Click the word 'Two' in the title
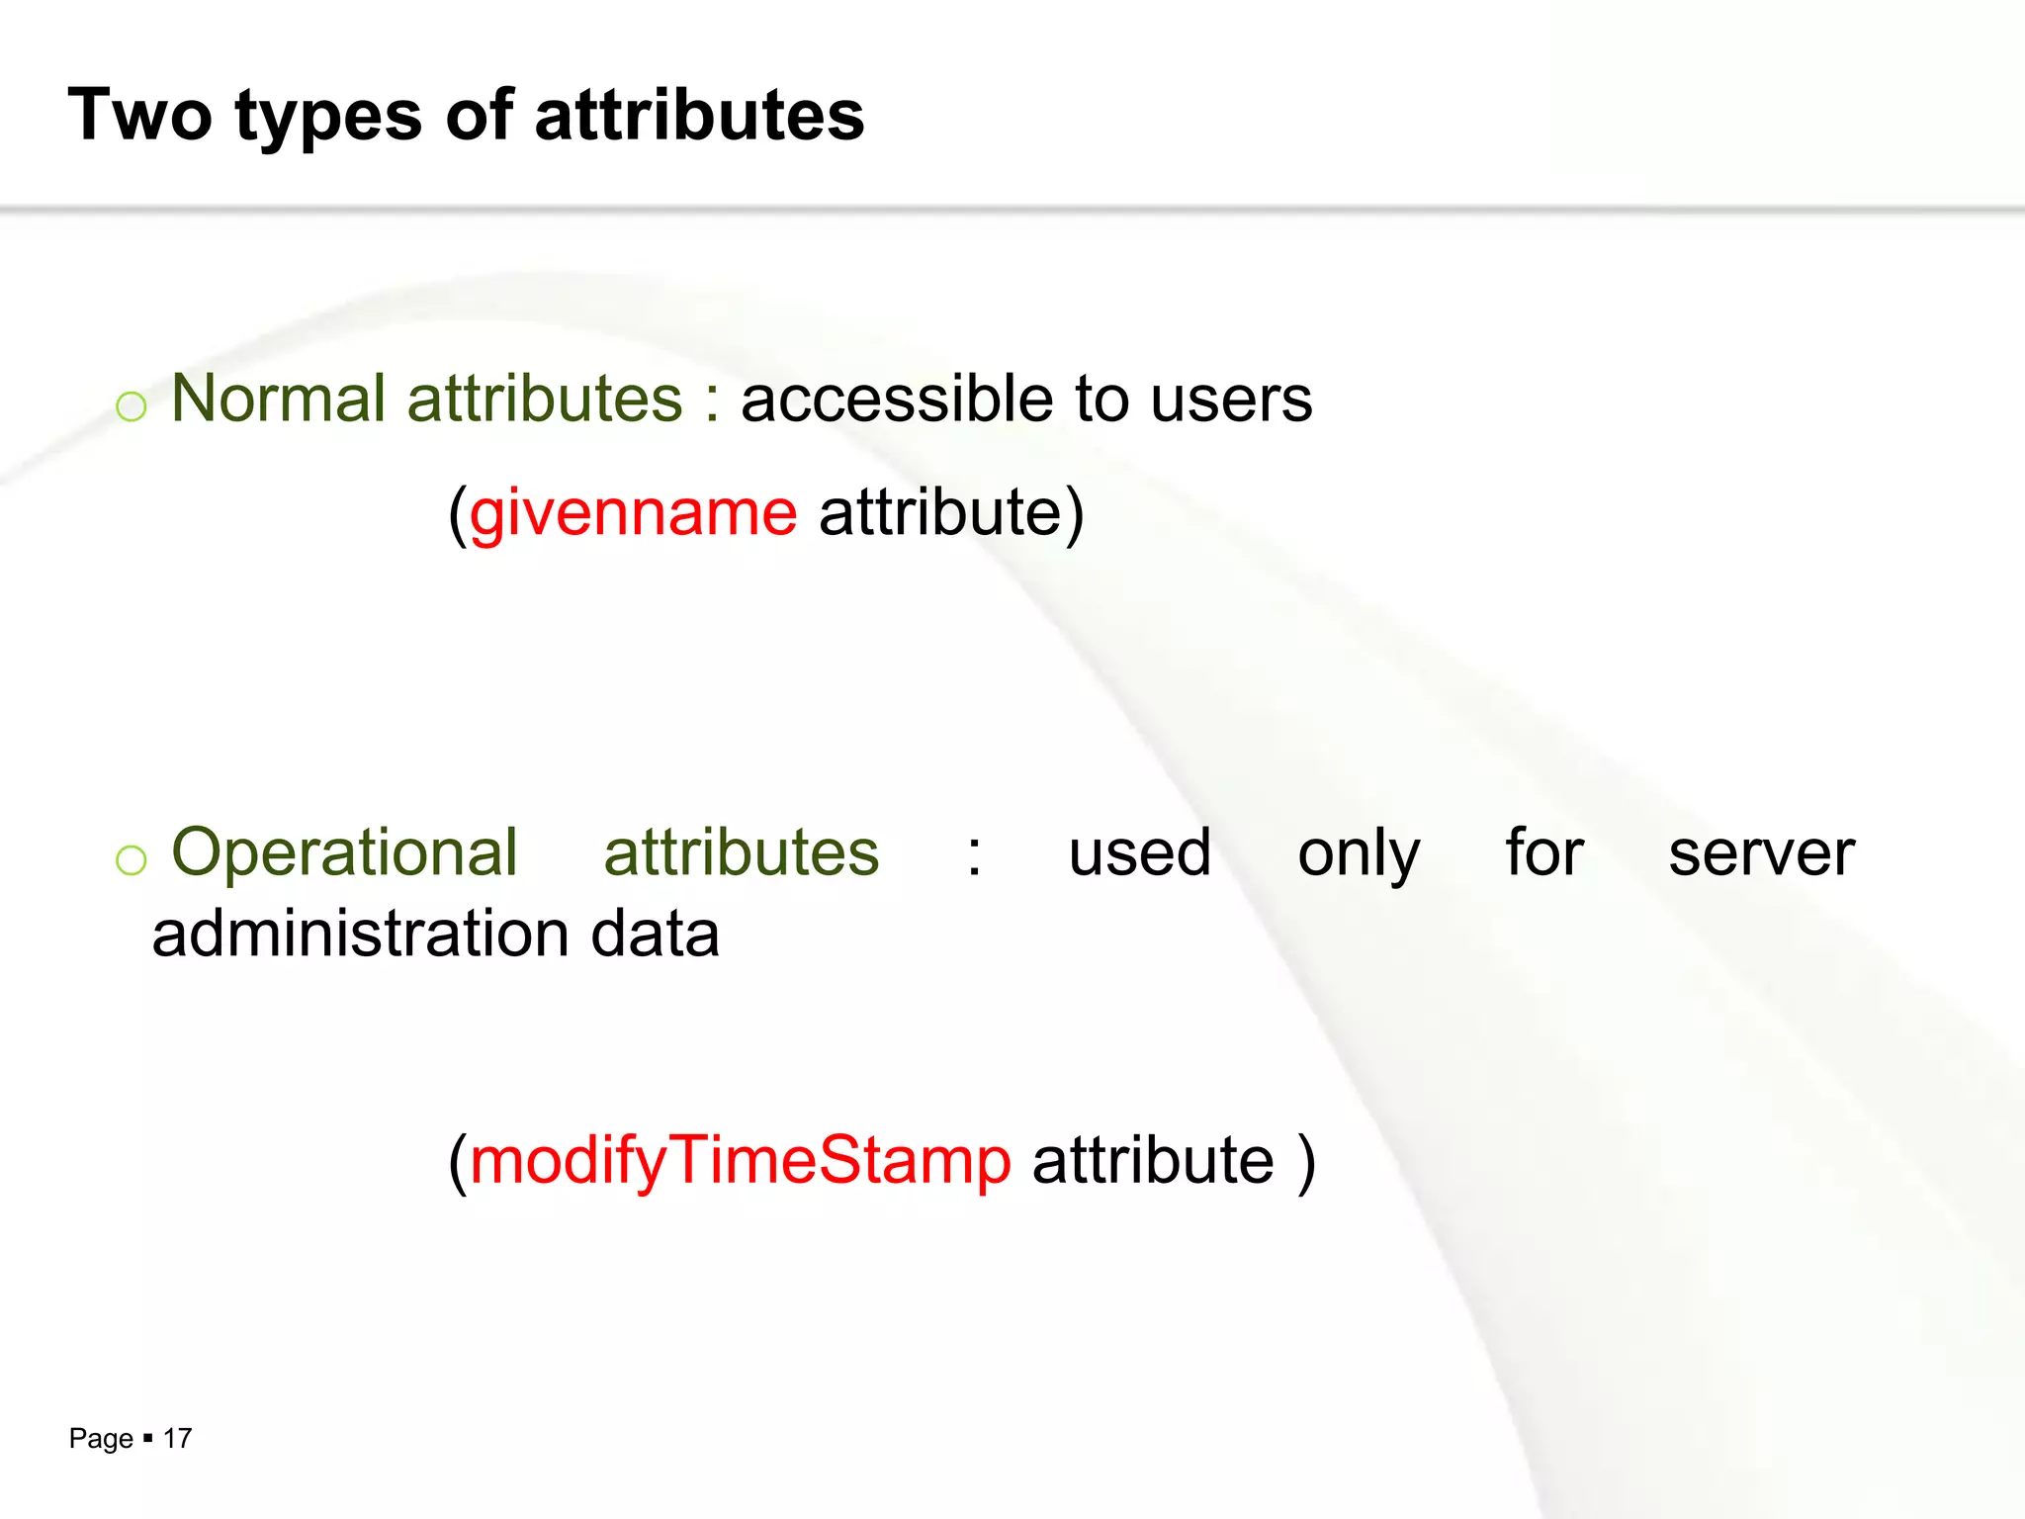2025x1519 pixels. click(x=139, y=115)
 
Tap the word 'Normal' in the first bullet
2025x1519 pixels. click(x=278, y=399)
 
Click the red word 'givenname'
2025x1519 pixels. click(x=633, y=514)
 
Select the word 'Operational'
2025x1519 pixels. click(x=344, y=852)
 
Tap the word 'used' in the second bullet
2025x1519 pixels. click(x=1139, y=852)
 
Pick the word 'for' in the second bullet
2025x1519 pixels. click(x=1543, y=852)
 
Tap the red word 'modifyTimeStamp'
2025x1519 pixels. click(x=741, y=1161)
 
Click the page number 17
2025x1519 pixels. click(x=177, y=1439)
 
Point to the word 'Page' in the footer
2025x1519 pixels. click(x=101, y=1439)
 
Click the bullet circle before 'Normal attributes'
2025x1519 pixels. click(x=131, y=406)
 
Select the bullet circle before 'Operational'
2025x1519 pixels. click(x=131, y=860)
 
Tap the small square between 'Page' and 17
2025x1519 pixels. click(x=147, y=1438)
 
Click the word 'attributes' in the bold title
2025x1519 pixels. click(x=699, y=115)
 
